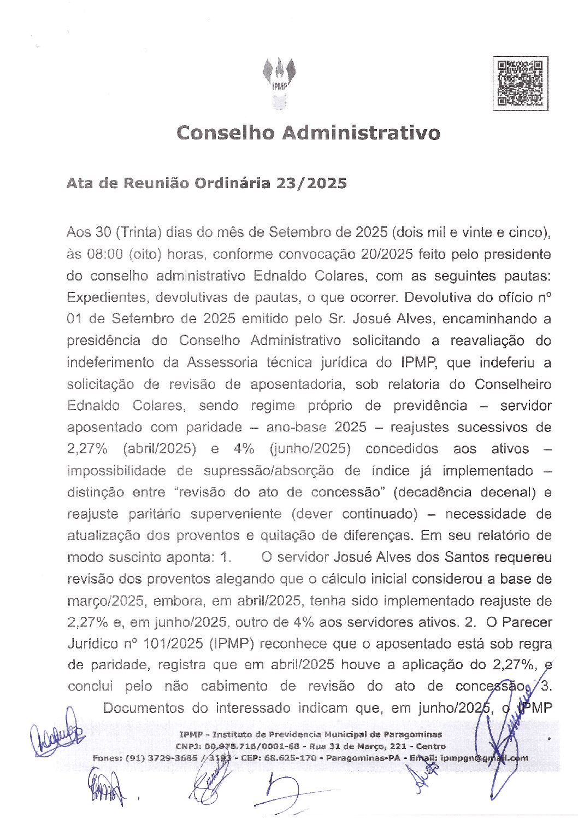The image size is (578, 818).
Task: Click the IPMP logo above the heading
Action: pyautogui.click(x=279, y=82)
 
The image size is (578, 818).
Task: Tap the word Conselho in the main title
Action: pyautogui.click(x=225, y=133)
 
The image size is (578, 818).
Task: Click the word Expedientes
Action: pyautogui.click(x=108, y=297)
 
